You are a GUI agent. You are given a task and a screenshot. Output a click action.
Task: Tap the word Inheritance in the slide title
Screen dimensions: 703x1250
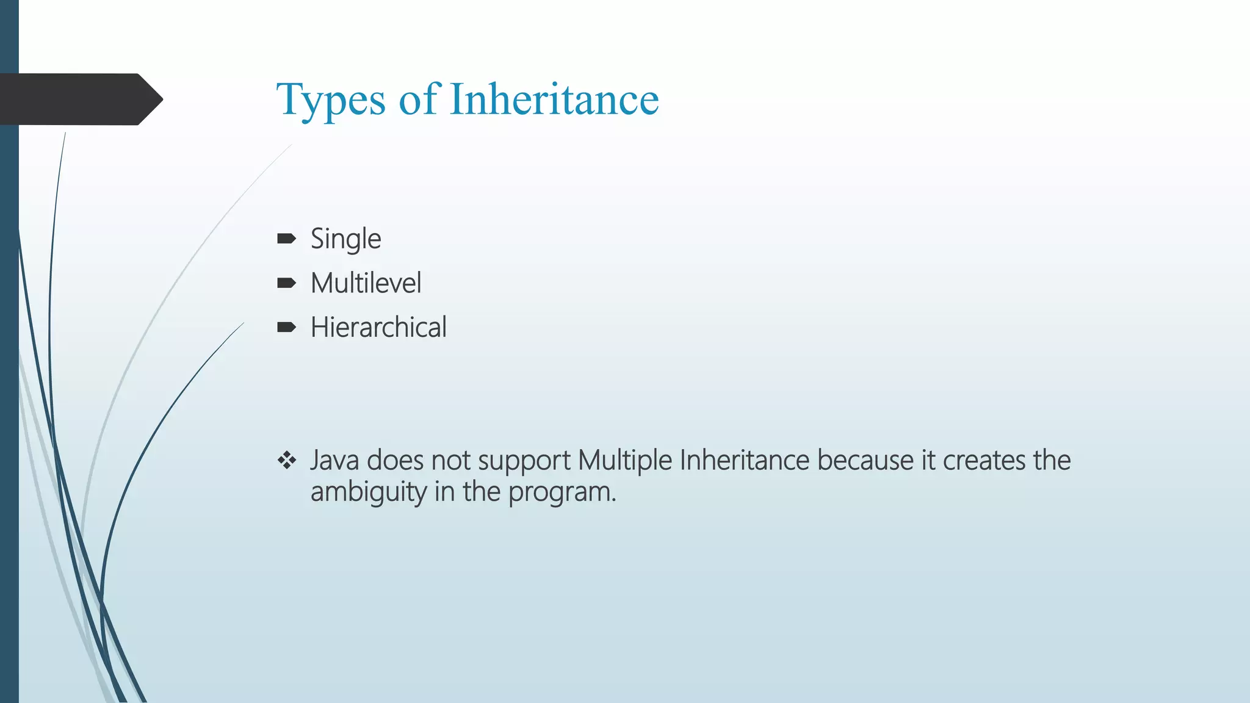click(x=554, y=99)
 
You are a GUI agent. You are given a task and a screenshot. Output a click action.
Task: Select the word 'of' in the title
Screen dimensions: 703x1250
click(x=419, y=99)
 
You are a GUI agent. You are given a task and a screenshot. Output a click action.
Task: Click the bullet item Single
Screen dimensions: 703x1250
click(x=345, y=239)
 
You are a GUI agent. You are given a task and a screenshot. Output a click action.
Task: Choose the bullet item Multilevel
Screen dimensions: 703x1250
click(x=366, y=283)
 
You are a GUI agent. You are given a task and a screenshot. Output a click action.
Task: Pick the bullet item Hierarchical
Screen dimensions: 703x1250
click(x=378, y=328)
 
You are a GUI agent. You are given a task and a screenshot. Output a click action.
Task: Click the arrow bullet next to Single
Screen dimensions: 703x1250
click(x=286, y=239)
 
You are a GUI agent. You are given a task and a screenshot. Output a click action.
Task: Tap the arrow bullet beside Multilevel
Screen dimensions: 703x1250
click(x=286, y=283)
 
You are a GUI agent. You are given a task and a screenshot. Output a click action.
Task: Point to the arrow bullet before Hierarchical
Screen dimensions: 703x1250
click(x=286, y=328)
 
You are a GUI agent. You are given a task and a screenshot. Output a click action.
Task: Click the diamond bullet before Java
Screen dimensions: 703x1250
click(x=286, y=460)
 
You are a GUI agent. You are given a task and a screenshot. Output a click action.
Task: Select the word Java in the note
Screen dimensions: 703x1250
click(x=334, y=461)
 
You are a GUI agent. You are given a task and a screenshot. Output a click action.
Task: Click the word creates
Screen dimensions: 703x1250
click(x=984, y=461)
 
